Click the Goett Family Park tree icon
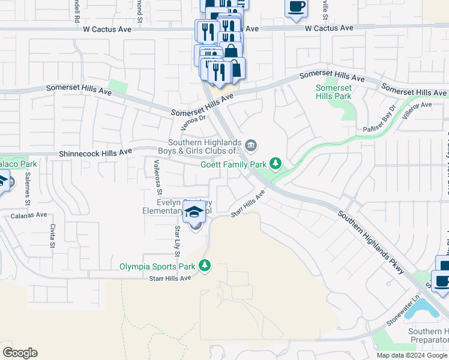[276, 163]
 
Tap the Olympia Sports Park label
[157, 266]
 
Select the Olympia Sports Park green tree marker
[205, 265]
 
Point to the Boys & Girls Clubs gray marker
[251, 145]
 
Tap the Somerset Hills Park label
[333, 92]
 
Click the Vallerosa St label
[158, 178]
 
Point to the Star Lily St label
[177, 241]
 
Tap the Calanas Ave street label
[29, 214]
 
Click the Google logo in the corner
[20, 353]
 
